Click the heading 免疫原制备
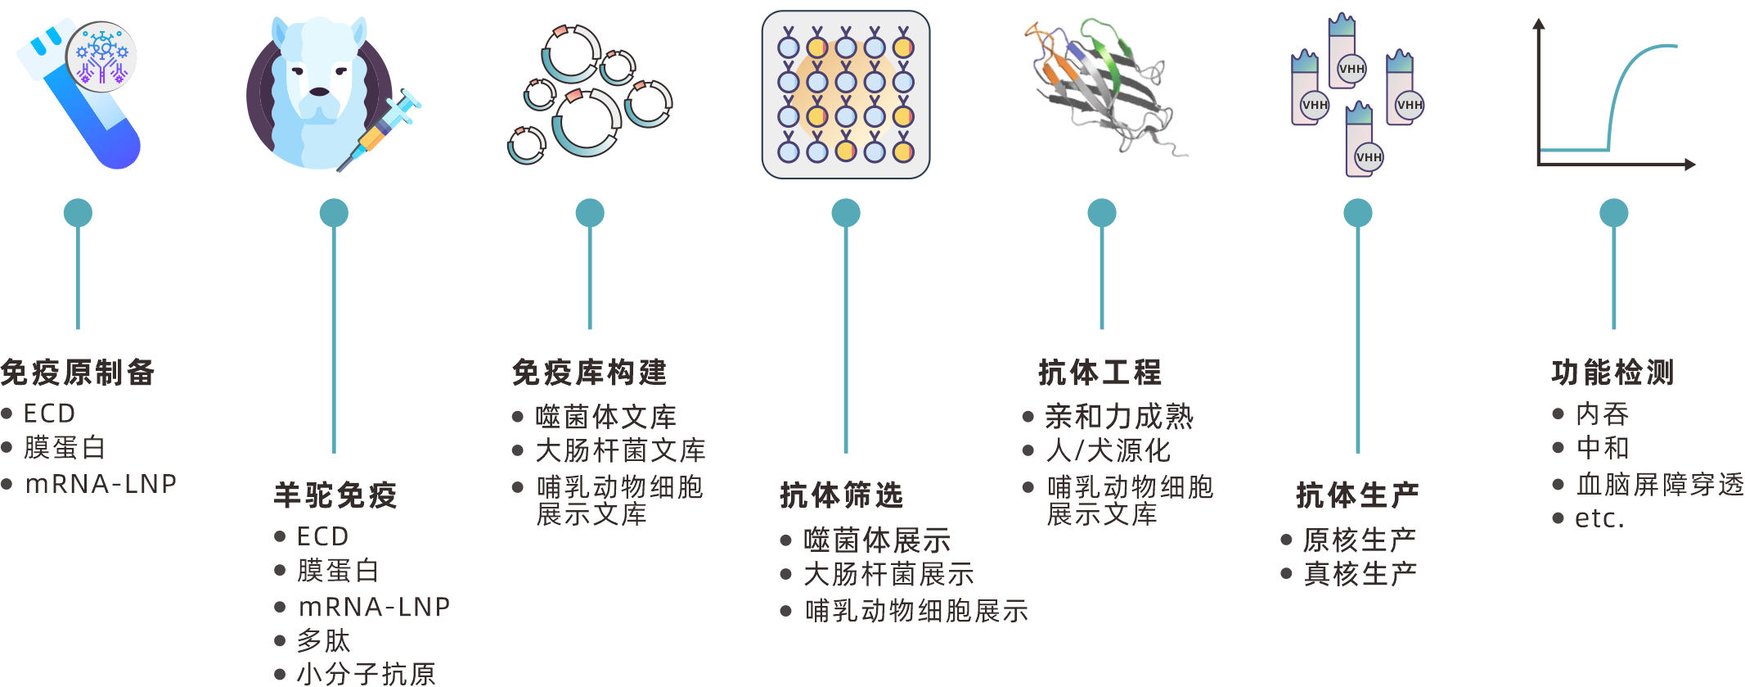click(x=78, y=373)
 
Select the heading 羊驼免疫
click(x=335, y=495)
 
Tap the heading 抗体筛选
click(x=841, y=495)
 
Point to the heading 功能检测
click(x=1612, y=373)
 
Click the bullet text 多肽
click(x=323, y=640)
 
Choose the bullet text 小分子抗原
click(x=366, y=674)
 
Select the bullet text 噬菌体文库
click(x=605, y=417)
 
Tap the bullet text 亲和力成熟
click(x=1118, y=417)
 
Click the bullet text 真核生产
click(x=1360, y=574)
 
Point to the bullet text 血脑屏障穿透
click(x=1660, y=484)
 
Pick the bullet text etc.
click(x=1599, y=518)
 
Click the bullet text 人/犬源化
click(x=1108, y=450)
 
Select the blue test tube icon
click(x=90, y=106)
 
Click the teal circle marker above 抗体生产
click(x=1358, y=213)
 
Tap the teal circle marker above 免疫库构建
click(x=590, y=213)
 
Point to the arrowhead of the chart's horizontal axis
click(x=1690, y=165)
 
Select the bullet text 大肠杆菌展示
click(x=888, y=574)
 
